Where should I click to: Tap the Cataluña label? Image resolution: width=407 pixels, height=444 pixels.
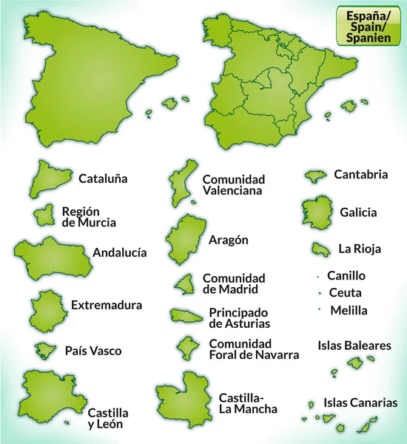103,178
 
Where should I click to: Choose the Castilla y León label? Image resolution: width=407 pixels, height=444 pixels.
108,418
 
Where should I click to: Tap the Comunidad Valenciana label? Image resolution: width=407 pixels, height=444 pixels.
233,184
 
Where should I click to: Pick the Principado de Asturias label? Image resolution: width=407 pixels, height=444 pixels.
238,317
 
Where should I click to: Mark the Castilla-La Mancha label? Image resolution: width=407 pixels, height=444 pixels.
248,403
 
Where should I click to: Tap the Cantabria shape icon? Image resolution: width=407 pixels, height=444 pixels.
316,176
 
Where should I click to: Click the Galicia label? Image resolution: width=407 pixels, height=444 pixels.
358,212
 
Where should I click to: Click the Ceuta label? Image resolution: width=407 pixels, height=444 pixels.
345,292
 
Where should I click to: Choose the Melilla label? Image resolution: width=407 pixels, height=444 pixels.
349,310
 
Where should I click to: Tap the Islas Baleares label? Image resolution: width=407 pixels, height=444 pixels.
354,346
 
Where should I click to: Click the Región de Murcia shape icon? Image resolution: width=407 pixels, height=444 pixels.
45,215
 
